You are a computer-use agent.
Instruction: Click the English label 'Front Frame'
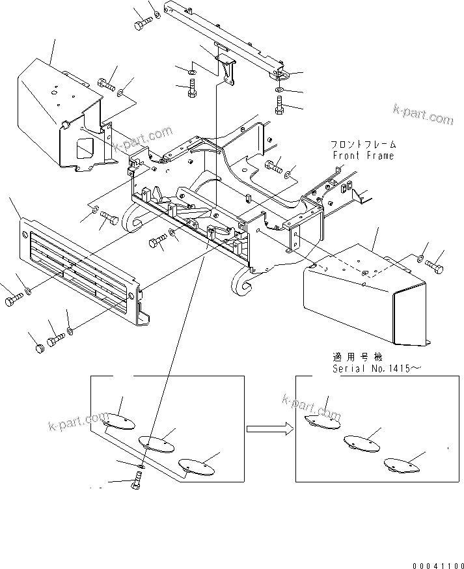click(363, 156)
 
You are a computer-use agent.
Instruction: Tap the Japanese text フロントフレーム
click(363, 145)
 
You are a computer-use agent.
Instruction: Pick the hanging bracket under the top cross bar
click(225, 68)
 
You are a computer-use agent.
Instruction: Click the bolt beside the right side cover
click(437, 266)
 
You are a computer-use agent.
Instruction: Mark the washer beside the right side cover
click(421, 260)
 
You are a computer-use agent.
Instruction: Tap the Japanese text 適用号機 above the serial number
click(357, 357)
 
